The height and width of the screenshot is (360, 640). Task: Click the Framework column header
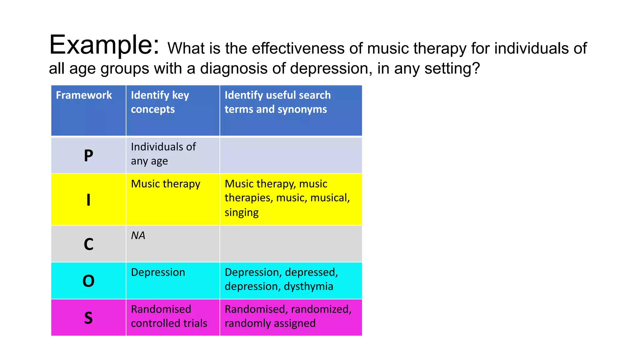84,95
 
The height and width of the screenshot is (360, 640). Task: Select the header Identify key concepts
160,102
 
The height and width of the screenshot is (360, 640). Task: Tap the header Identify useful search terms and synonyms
277,102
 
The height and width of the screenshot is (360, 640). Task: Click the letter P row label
88,155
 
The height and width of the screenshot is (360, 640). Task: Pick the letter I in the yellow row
88,200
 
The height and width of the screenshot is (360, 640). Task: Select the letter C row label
88,244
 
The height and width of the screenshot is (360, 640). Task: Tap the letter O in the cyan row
88,281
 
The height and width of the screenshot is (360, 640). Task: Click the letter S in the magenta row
88,318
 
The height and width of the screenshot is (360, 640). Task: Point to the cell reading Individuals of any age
163,154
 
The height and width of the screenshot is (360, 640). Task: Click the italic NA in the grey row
138,235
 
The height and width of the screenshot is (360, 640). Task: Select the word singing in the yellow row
241,212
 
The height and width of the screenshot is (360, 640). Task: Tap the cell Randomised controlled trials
169,316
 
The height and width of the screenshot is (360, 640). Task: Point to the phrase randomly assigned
270,323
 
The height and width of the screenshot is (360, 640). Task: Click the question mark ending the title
476,68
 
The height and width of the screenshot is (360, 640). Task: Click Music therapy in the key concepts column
165,184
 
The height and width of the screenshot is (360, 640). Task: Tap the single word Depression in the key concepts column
158,272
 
